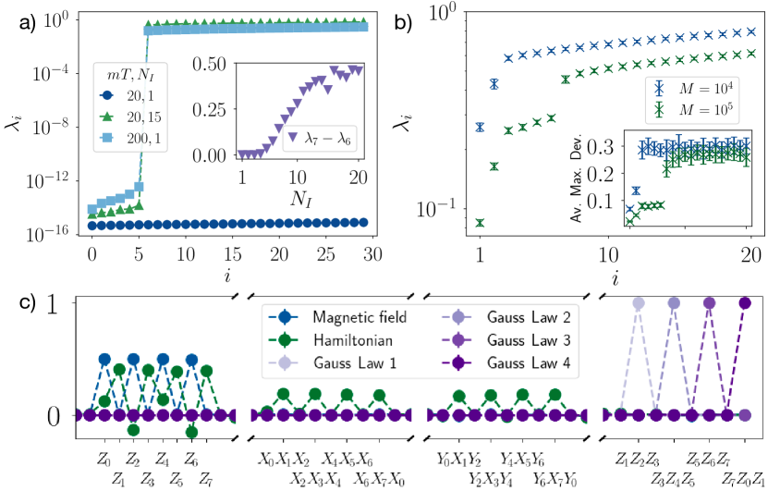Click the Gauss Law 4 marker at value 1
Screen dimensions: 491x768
coord(746,302)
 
